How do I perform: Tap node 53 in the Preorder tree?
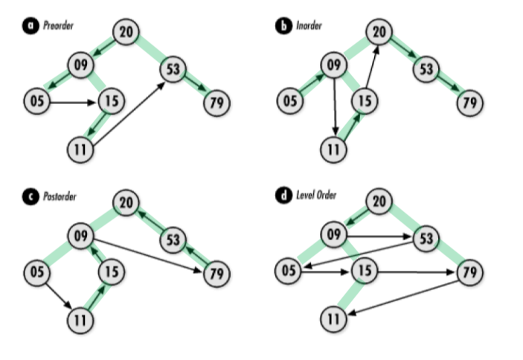coord(173,71)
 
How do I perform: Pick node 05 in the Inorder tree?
coord(291,99)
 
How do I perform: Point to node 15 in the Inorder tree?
coord(362,99)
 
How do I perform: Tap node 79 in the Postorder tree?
coord(216,273)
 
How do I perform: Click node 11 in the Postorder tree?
coord(80,321)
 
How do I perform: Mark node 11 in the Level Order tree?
coord(336,321)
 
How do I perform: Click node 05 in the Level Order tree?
coord(291,271)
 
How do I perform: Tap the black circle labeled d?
coord(283,196)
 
